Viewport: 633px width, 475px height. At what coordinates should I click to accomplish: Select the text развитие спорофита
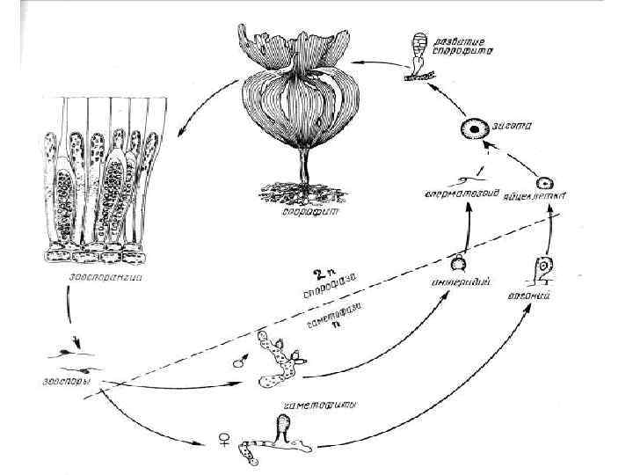click(467, 45)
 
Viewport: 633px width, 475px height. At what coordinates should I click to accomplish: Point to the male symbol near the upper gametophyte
click(238, 362)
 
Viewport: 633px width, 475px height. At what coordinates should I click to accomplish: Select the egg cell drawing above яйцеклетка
click(545, 183)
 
